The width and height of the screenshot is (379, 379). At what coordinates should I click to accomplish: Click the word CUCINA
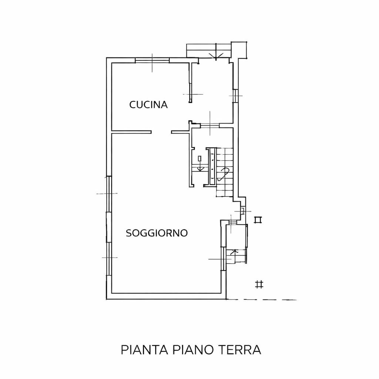pos(148,105)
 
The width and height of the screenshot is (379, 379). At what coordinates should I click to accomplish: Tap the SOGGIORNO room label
pos(157,233)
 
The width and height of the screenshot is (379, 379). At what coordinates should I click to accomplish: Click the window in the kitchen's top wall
pos(152,60)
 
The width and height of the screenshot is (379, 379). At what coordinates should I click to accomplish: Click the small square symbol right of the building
pos(258,220)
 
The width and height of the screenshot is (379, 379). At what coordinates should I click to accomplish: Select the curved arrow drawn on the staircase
pos(224,174)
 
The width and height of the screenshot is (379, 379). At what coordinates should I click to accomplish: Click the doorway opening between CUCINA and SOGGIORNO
pos(161,132)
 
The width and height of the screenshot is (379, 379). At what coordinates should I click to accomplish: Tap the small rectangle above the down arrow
pos(199,158)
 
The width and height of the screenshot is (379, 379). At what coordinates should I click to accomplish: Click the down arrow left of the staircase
pos(200,167)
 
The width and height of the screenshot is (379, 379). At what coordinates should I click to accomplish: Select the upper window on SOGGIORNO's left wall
pos(109,194)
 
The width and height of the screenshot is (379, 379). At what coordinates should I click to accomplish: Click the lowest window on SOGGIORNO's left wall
pos(109,258)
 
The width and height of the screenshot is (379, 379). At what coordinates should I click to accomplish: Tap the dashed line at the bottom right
pos(262,300)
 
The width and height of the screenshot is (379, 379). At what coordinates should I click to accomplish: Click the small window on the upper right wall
pos(235,96)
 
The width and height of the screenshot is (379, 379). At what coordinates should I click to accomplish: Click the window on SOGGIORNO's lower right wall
pos(223,259)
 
